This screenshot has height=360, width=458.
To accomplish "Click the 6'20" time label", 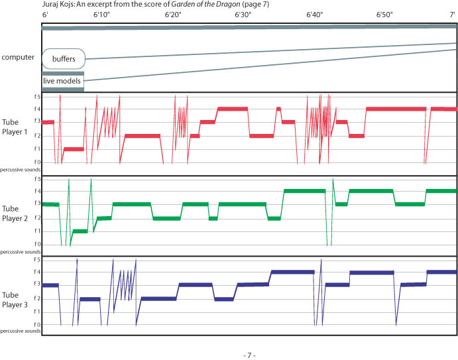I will [x=173, y=13].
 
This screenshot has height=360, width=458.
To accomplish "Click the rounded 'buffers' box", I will [x=64, y=59].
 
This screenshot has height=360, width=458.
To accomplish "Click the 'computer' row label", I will [x=18, y=58].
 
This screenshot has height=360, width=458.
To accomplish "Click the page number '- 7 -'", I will [x=249, y=355].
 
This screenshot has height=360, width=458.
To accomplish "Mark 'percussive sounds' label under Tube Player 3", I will [x=19, y=330].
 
